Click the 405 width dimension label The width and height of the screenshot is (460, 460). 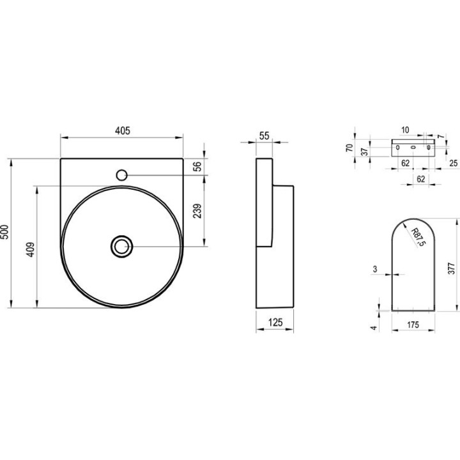tap(122, 130)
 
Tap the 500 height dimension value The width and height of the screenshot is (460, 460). tap(5, 232)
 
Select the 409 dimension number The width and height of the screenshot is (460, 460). tap(31, 249)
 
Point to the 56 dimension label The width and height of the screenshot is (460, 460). tap(198, 166)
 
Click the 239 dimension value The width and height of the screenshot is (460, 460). tap(198, 211)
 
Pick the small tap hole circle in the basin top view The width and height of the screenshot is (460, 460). tap(121, 175)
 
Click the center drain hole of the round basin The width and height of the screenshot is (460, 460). tap(122, 247)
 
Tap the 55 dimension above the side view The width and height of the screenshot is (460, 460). tap(264, 136)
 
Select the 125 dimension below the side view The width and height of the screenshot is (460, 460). tap(275, 323)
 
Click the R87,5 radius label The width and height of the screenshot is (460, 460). tap(418, 237)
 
